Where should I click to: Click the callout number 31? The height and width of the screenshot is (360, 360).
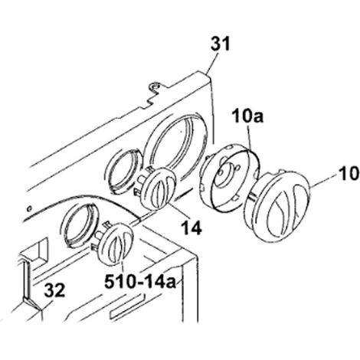pos(221,44)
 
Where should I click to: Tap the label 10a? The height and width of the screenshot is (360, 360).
pos(247,116)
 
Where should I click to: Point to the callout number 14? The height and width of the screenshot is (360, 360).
pos(191,227)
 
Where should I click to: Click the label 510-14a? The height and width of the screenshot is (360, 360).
pos(140,282)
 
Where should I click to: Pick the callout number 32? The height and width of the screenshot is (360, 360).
pos(54,290)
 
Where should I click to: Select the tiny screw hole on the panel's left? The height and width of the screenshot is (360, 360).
pos(29,208)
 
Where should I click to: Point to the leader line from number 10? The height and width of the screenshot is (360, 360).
pos(324,182)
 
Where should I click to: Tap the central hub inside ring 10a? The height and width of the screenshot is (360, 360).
pos(224,175)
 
